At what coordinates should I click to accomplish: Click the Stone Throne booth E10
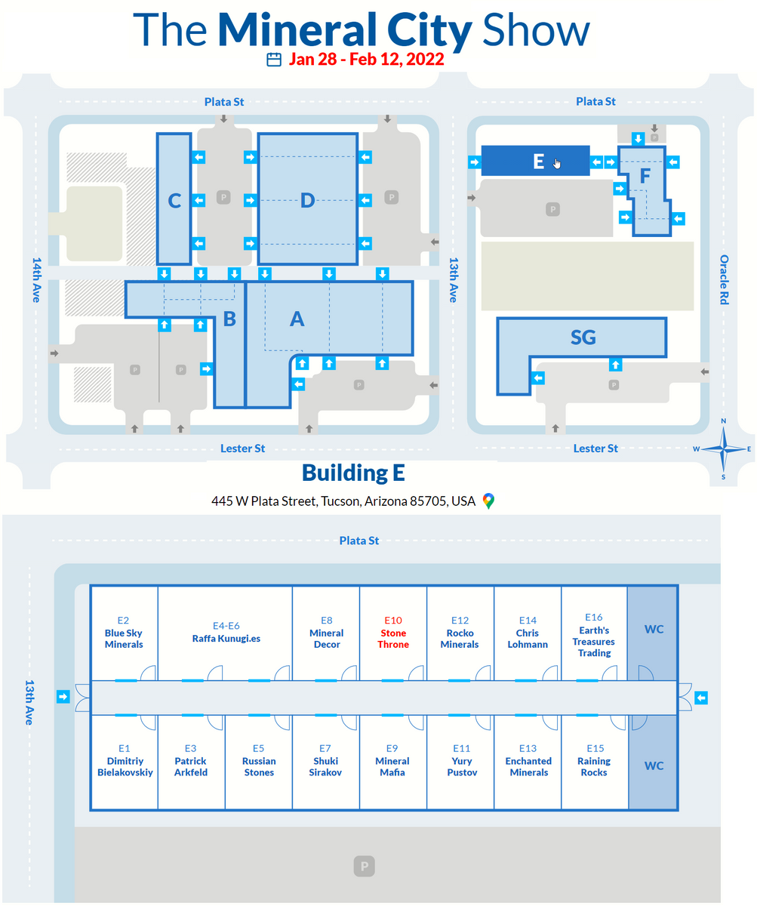(x=393, y=633)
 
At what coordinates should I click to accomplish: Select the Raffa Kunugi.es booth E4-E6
(x=225, y=633)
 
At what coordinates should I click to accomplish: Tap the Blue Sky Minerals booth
(x=124, y=633)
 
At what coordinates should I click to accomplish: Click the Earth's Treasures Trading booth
(x=594, y=633)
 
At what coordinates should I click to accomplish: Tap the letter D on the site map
(x=308, y=201)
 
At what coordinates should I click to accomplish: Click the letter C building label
(x=174, y=201)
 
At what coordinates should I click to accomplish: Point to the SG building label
(x=583, y=337)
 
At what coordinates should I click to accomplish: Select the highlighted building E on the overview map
(x=535, y=161)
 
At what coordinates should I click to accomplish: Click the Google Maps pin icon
(x=488, y=501)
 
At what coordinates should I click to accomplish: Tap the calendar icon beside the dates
(x=274, y=60)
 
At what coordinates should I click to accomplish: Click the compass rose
(x=723, y=449)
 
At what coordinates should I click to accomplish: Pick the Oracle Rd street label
(x=724, y=279)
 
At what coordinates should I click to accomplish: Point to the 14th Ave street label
(x=37, y=280)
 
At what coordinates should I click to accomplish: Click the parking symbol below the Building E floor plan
(x=364, y=866)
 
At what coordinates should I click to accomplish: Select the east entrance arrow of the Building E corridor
(x=701, y=698)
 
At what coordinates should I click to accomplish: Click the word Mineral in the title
(x=297, y=29)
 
